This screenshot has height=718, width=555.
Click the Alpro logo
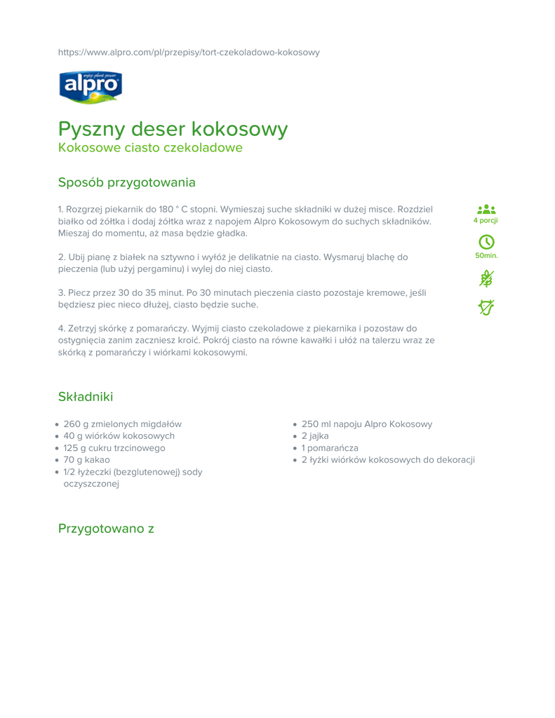point(90,87)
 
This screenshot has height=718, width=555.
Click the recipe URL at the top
point(189,53)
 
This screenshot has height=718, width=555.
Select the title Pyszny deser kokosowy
point(173,129)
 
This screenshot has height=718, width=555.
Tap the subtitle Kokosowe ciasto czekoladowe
point(150,148)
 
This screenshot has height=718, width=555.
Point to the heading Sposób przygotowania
point(126,182)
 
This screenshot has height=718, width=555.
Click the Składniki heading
point(86,397)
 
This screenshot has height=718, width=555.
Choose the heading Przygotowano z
point(106,528)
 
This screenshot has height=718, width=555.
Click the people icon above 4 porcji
point(486,209)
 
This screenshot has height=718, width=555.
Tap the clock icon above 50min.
point(486,243)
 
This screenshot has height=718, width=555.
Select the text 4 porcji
point(486,221)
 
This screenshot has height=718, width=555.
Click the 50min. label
point(486,255)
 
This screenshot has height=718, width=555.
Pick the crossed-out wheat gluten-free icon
point(486,278)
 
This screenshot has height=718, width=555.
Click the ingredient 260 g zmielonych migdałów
point(122,424)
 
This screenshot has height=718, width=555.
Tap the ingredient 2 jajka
point(315,436)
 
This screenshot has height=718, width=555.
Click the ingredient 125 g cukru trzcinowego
point(114,448)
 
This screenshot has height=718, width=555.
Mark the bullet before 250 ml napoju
point(295,425)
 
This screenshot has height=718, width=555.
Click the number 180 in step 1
point(166,209)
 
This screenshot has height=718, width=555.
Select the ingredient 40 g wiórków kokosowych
point(119,436)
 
